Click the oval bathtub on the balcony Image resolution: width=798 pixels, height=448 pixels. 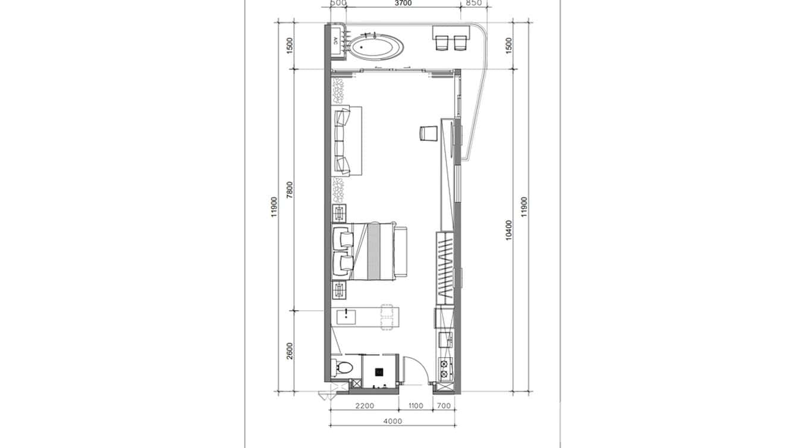[x=375, y=47]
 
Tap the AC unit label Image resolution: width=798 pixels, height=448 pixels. [x=335, y=41]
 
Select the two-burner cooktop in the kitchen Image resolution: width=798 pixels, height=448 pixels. [x=444, y=367]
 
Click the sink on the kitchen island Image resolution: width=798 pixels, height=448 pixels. [x=346, y=316]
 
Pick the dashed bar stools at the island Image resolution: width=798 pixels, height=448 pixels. [x=387, y=317]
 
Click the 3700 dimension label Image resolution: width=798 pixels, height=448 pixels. [x=403, y=3]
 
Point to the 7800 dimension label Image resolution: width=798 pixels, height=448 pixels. [x=290, y=190]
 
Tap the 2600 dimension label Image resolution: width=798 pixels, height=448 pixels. [x=290, y=351]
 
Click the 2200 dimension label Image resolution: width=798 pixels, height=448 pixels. [x=365, y=406]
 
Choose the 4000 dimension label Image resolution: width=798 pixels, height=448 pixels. [x=393, y=421]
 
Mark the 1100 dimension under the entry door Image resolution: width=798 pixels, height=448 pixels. [x=416, y=406]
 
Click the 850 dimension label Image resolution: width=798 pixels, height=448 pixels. [x=474, y=3]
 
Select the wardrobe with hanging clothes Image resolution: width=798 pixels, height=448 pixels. [x=445, y=268]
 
